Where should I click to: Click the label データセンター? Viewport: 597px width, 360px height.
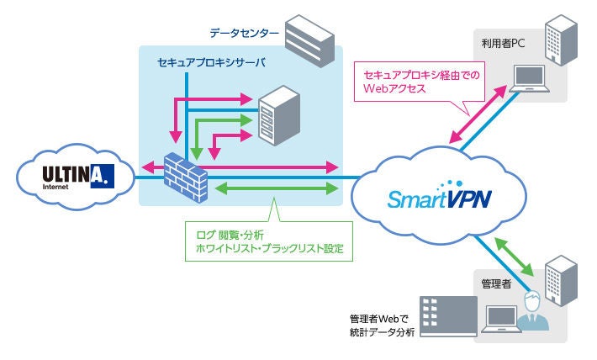click(x=244, y=34)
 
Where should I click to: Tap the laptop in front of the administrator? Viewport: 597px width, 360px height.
click(x=502, y=319)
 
